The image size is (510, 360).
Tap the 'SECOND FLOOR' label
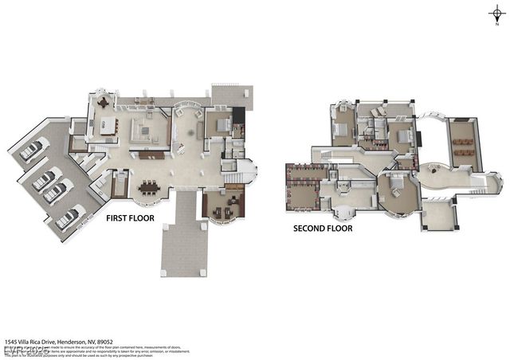(323, 228)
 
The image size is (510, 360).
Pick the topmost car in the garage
(32, 149)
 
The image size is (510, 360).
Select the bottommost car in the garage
(67, 216)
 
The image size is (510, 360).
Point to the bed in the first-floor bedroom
(222, 124)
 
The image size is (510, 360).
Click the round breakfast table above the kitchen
(103, 102)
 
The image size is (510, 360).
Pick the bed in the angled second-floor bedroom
(396, 182)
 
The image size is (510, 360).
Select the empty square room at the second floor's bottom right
(437, 213)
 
